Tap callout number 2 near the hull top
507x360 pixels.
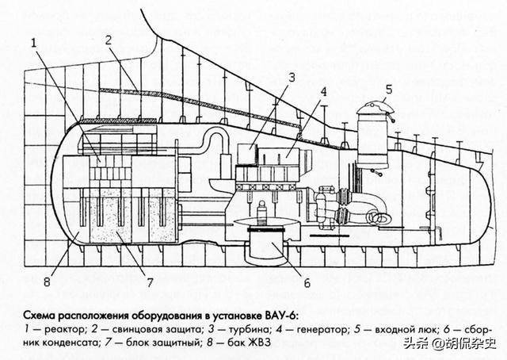click(x=109, y=40)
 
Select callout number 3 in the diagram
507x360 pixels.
click(x=292, y=78)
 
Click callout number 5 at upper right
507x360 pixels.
click(x=388, y=89)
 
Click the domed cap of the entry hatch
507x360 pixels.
click(x=368, y=109)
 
